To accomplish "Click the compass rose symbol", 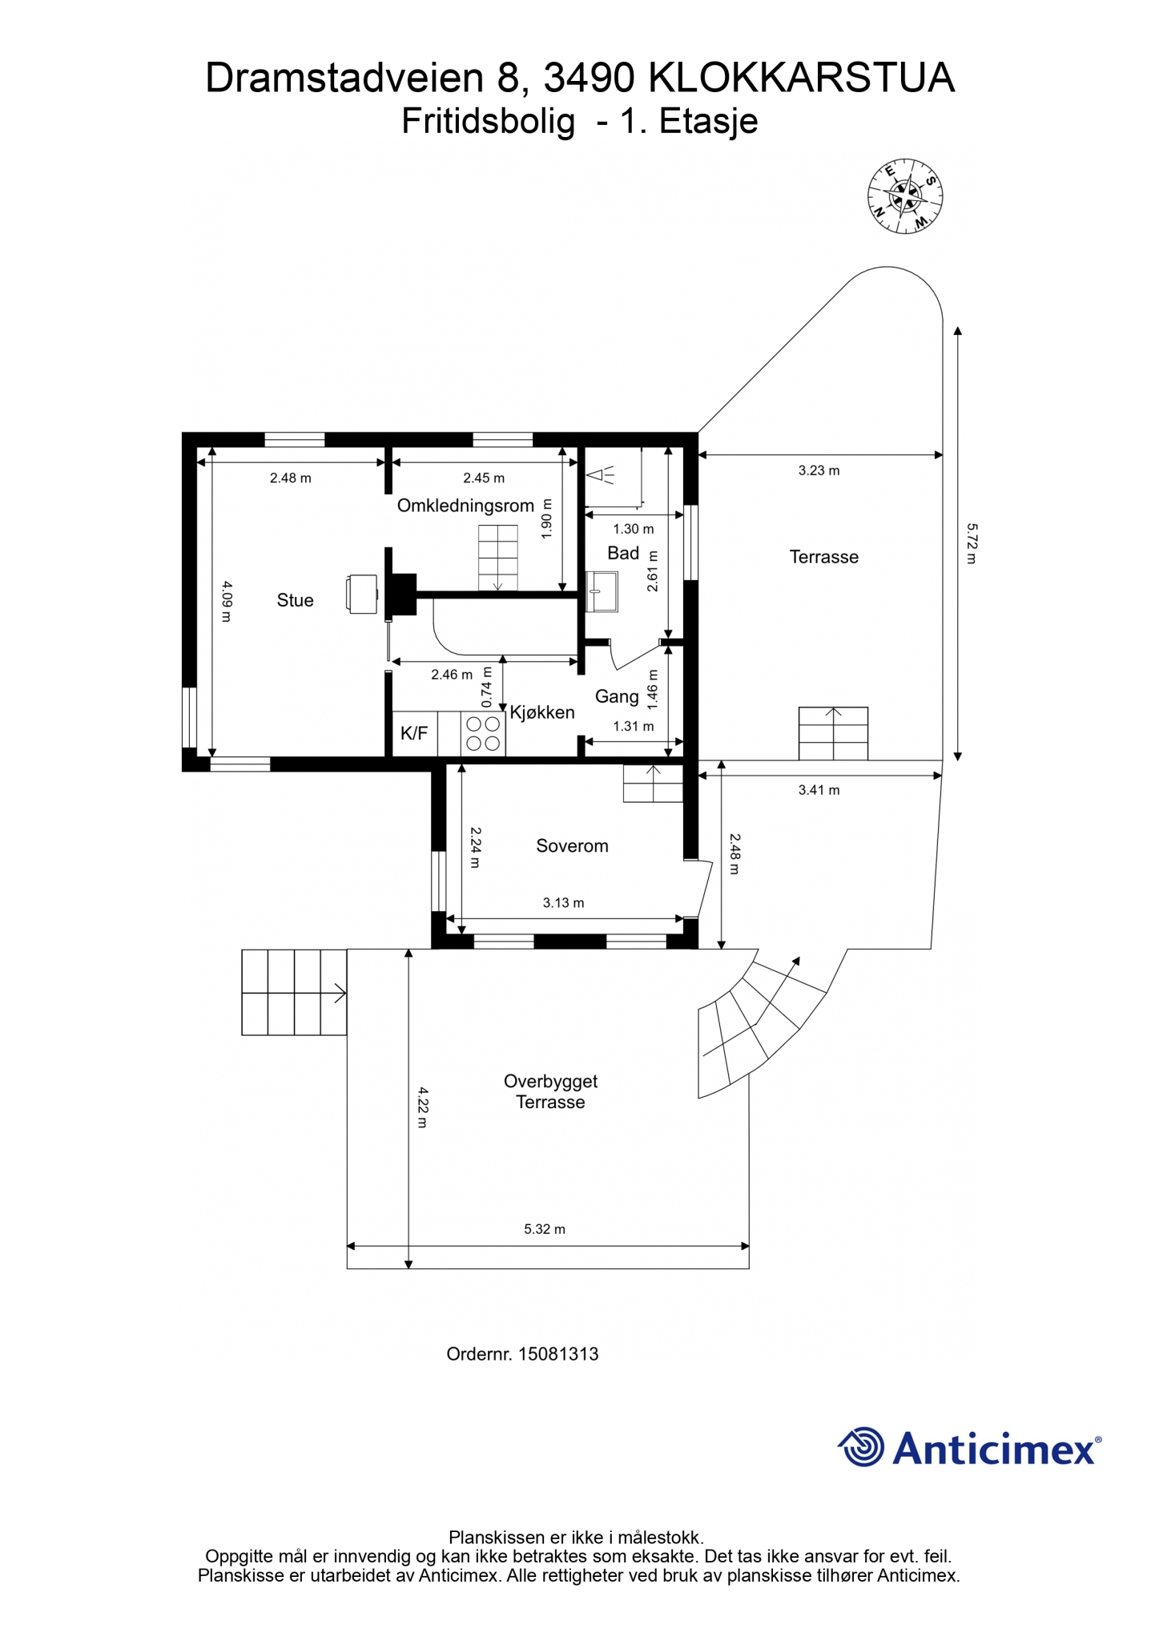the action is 905,196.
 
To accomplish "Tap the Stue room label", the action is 295,600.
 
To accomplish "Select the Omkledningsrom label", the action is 465,506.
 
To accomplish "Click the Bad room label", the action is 623,553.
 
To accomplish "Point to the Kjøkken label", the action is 542,712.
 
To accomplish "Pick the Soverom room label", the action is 572,846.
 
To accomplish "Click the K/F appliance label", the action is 414,733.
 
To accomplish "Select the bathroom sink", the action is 602,591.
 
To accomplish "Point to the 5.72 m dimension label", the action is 972,543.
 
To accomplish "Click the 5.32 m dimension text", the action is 545,1229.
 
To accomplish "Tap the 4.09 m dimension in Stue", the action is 226,601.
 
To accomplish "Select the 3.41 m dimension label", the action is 819,790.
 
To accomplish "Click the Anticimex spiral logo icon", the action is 861,1447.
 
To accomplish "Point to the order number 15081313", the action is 558,1354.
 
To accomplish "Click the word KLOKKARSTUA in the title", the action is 801,79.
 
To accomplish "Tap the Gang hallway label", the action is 617,697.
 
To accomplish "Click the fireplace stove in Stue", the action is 362,594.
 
